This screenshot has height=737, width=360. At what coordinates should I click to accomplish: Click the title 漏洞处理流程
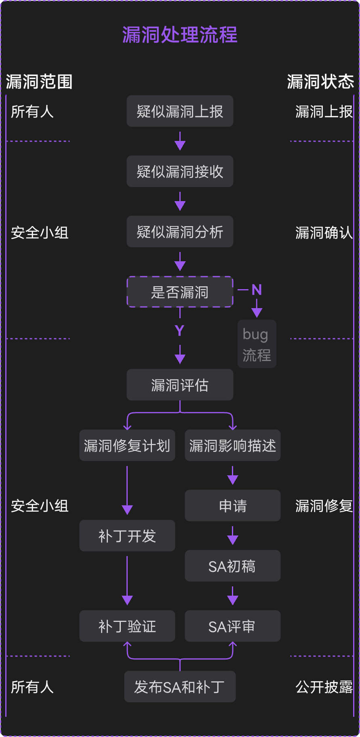[180, 35]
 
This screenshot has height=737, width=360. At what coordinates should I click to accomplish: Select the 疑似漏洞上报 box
[180, 111]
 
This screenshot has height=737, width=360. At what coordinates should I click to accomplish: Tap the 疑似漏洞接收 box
[180, 172]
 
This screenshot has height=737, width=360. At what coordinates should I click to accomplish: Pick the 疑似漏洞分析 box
[180, 232]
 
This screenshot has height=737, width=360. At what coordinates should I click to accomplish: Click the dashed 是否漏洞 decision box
[180, 292]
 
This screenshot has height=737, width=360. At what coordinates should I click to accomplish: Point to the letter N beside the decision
[257, 290]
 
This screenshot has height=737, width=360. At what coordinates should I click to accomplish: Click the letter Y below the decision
[180, 331]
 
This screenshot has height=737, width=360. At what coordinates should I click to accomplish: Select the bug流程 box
[257, 344]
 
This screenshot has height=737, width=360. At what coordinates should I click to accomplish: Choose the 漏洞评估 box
[180, 385]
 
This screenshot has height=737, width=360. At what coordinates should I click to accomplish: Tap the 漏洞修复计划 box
[127, 445]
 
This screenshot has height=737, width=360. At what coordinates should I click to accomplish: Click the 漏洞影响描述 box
[232, 445]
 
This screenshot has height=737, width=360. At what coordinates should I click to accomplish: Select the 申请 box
[232, 506]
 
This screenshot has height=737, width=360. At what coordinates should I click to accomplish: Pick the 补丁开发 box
[127, 536]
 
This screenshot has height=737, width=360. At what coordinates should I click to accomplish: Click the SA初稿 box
[232, 566]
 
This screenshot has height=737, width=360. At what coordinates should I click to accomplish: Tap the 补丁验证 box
[127, 626]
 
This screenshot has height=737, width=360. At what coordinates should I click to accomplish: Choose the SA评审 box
[232, 626]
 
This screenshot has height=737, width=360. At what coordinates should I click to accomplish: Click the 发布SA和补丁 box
[180, 687]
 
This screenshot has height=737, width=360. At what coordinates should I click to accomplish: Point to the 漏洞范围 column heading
[39, 82]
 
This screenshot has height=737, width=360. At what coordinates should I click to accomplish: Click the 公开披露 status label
[324, 687]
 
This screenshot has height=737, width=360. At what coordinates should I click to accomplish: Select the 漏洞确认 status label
[324, 233]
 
